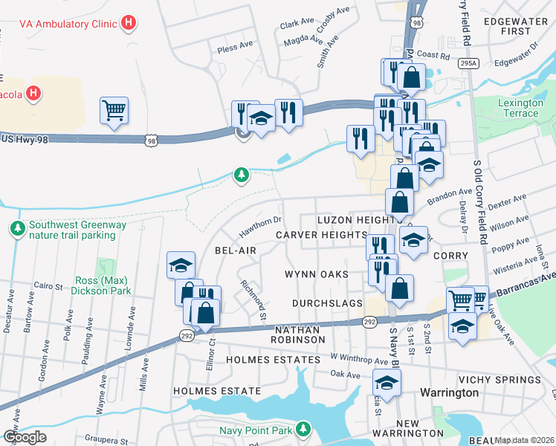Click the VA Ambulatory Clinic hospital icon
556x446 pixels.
(x=129, y=23)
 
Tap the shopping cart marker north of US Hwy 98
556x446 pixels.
(x=114, y=111)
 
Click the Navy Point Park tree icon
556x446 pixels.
(x=303, y=428)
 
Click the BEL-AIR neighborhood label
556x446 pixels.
(x=236, y=251)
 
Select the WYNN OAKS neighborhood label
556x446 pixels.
(x=317, y=274)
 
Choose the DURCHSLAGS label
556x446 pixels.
(x=327, y=303)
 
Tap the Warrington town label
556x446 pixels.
(x=448, y=392)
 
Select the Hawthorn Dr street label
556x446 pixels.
(x=260, y=223)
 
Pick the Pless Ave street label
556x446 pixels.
(x=236, y=47)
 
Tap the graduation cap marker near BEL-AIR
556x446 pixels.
(x=180, y=265)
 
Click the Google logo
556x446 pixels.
(x=25, y=436)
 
